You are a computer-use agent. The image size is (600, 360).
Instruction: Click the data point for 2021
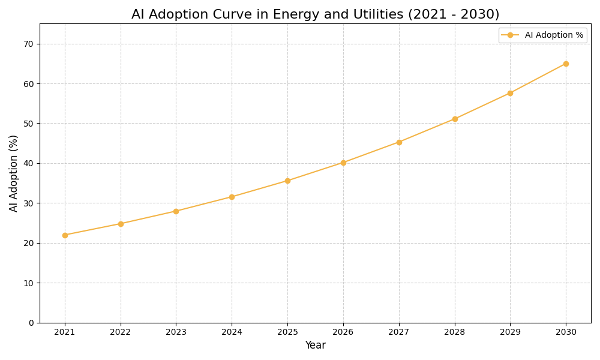(x=65, y=235)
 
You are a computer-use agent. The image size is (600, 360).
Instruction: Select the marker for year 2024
(x=232, y=197)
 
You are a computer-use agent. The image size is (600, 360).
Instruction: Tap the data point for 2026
(x=343, y=163)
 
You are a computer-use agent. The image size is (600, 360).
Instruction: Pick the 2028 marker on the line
(x=455, y=119)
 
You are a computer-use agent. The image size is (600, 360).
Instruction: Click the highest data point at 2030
(x=566, y=64)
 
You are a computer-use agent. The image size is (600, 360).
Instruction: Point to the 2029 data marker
(x=510, y=93)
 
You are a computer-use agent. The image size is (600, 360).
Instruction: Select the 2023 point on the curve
(x=176, y=211)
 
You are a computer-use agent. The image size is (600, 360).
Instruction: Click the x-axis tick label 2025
(x=287, y=332)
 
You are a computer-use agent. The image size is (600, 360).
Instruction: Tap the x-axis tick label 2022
(x=121, y=332)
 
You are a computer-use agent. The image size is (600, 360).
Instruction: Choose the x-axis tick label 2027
(x=399, y=332)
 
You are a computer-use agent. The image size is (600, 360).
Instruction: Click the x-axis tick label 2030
(x=566, y=332)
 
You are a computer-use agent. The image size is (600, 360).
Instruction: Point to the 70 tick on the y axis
(x=29, y=44)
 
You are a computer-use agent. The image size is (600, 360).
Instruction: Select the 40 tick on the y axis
(x=29, y=163)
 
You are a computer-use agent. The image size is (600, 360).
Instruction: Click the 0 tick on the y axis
(x=31, y=323)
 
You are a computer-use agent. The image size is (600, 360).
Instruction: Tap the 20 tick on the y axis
(x=29, y=243)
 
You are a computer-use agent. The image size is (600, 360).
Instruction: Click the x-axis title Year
(x=315, y=346)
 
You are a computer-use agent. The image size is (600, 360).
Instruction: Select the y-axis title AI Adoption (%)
(x=14, y=173)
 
